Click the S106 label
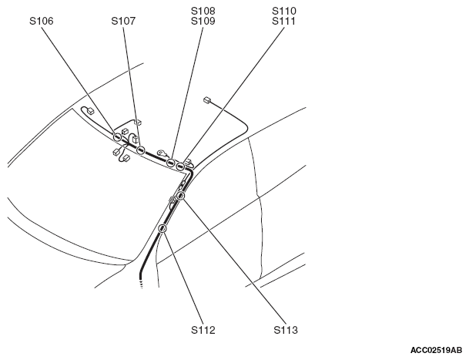[x=42, y=21]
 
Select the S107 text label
[x=123, y=21]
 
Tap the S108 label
[x=203, y=11]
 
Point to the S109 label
[x=203, y=21]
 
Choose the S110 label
[x=284, y=11]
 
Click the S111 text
[x=284, y=21]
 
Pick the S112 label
[x=203, y=330]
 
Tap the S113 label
[x=286, y=330]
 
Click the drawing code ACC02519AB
[x=436, y=350]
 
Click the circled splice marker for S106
[x=117, y=137]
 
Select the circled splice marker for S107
[x=141, y=150]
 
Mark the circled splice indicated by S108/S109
[x=170, y=163]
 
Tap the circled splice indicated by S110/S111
[x=180, y=167]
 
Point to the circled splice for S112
[x=162, y=228]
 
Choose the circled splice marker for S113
[x=180, y=196]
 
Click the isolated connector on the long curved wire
[x=207, y=100]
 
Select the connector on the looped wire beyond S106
[x=90, y=111]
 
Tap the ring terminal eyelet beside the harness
[x=162, y=153]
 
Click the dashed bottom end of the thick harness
[x=141, y=284]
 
